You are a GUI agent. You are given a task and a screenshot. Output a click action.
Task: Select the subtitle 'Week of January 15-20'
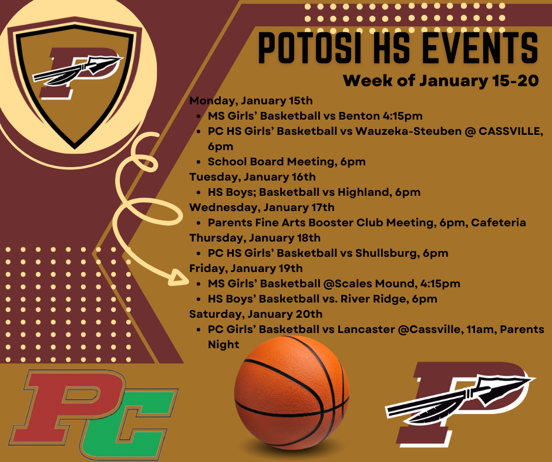coord(440,80)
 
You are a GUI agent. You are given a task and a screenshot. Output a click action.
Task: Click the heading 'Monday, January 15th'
coord(251,100)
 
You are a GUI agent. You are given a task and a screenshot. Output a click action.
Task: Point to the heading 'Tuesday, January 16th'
coord(252,176)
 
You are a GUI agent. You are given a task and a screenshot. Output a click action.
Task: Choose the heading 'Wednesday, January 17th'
coord(261,207)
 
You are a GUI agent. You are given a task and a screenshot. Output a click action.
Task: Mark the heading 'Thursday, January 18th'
coord(254,237)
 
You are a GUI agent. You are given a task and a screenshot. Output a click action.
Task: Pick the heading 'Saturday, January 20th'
coord(255,314)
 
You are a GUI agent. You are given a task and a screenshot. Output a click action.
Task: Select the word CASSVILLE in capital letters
coord(510,131)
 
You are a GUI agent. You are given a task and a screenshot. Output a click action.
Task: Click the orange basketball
coord(292,394)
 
